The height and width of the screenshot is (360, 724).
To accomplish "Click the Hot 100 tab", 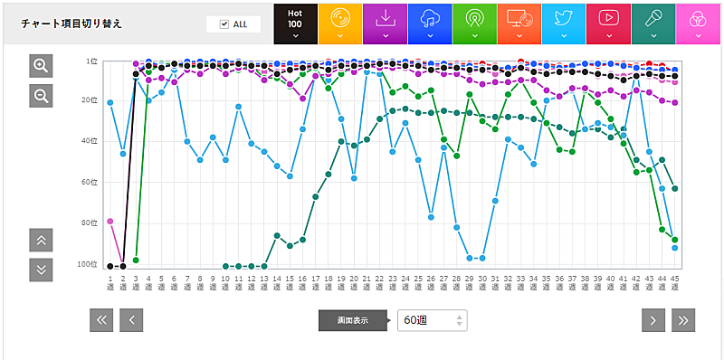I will [x=295, y=23].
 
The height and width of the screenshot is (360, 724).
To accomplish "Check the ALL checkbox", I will [x=224, y=24].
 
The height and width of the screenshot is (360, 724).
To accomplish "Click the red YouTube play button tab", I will [x=608, y=23].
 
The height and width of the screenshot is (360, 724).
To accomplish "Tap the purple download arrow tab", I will [x=385, y=23].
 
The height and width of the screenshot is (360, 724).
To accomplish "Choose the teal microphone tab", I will [x=653, y=23].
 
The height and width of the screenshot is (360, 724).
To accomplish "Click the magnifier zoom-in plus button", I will [x=41, y=65].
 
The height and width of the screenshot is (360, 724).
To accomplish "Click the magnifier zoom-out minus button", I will [x=41, y=95].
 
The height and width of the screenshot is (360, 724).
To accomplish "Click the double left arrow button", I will [x=101, y=319].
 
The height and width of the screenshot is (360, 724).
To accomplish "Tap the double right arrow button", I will [x=683, y=319].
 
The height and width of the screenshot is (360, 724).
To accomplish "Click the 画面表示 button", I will [x=352, y=320].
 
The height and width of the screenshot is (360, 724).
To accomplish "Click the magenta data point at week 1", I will [x=110, y=221].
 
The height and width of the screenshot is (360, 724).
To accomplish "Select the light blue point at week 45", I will [x=675, y=247].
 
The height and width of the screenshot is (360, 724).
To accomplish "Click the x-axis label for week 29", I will [x=470, y=281].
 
